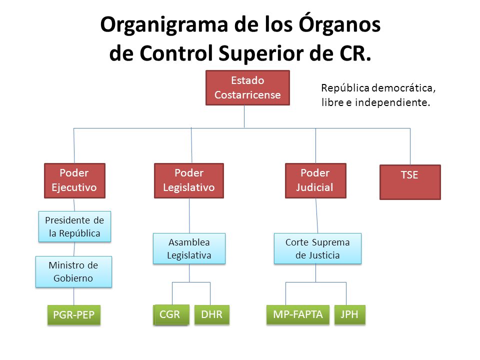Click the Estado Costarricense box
click(247, 87)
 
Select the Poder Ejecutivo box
click(74, 180)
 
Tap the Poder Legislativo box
click(188, 180)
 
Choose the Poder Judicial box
click(315, 180)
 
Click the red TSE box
click(410, 182)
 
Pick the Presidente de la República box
click(74, 226)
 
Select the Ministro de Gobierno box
click(73, 271)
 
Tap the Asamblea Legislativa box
click(189, 248)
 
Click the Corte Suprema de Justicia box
click(317, 248)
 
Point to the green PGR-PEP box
click(73, 315)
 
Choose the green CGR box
click(171, 314)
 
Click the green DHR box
click(211, 314)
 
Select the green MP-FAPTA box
click(297, 314)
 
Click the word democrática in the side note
click(406, 88)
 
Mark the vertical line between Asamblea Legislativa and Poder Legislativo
click(189, 215)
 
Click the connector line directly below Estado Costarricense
click(244, 116)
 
